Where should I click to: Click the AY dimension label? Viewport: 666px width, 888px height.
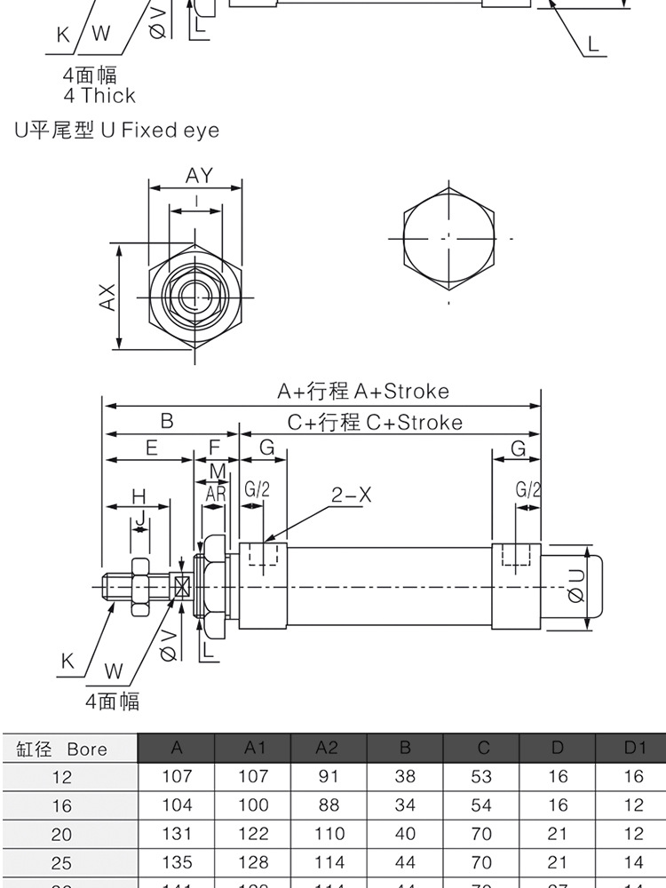(x=200, y=176)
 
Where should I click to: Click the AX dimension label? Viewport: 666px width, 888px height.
(x=107, y=297)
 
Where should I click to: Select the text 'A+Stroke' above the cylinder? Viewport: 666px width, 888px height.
(x=401, y=391)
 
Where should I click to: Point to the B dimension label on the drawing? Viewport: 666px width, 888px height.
(x=166, y=422)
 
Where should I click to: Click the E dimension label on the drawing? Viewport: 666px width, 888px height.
(x=152, y=448)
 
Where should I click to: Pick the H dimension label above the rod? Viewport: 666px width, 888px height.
(x=138, y=496)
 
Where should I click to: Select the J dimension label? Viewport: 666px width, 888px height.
(x=139, y=517)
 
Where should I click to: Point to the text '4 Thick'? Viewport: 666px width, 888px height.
(x=99, y=96)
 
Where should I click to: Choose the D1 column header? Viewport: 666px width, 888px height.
(x=633, y=748)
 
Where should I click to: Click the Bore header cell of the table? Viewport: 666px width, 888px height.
(x=70, y=749)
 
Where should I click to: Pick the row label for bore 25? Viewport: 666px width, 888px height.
(x=62, y=863)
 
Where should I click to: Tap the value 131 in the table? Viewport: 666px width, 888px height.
(x=177, y=834)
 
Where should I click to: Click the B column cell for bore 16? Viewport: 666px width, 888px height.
(x=405, y=805)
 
